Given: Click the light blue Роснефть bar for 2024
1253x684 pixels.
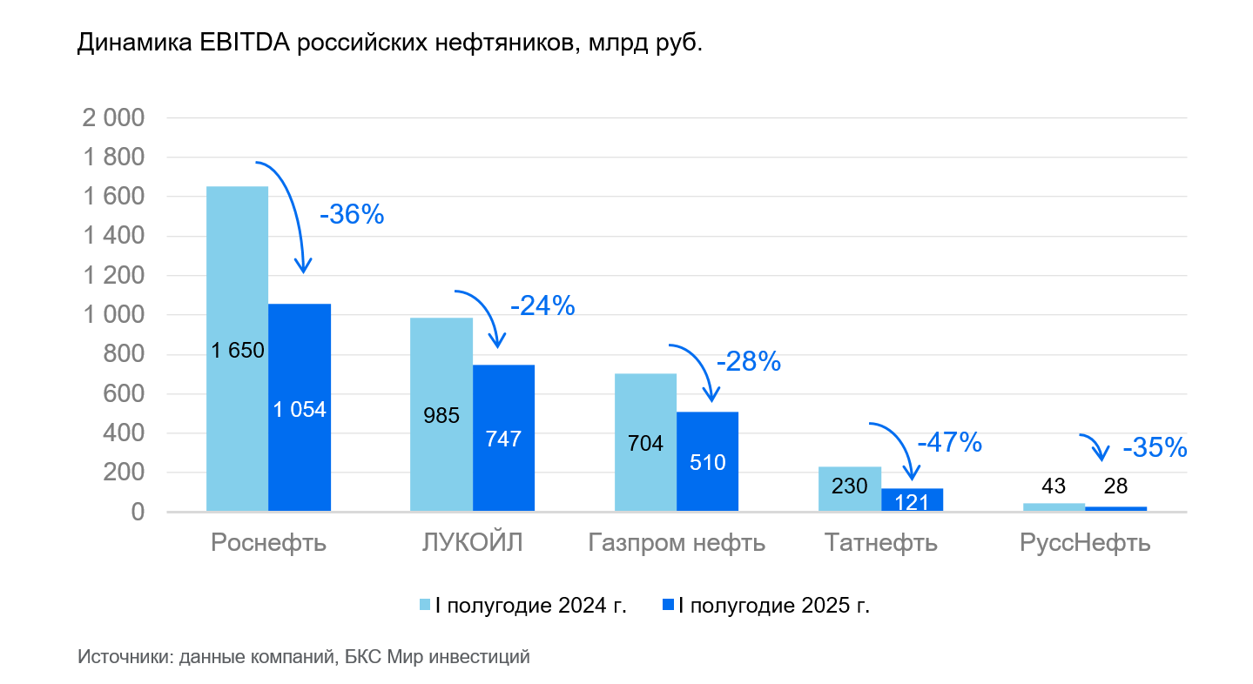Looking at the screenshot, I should tap(237, 348).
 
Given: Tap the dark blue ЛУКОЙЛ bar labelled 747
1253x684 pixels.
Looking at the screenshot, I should tap(503, 438).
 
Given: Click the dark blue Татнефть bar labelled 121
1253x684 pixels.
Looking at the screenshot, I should tap(912, 500).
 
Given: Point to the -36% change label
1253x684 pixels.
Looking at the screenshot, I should tap(352, 215).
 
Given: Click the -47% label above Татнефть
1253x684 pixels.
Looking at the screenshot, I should tap(949, 443).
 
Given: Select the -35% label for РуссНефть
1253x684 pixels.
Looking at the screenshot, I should tap(1155, 448).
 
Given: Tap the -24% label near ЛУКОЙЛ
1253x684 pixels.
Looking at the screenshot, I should tap(542, 305).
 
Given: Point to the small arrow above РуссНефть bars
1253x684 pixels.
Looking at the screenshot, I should tap(1095, 446).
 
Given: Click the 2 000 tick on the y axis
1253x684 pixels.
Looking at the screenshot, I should tap(112, 118).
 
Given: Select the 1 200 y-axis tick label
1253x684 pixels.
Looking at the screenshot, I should tap(112, 276).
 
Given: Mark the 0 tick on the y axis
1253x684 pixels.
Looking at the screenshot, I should tap(137, 513).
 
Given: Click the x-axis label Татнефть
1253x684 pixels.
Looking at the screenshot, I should tap(880, 543).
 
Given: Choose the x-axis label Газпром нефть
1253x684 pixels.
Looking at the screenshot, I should tap(677, 543).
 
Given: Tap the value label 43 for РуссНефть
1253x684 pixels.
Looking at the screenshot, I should tap(1054, 486).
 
